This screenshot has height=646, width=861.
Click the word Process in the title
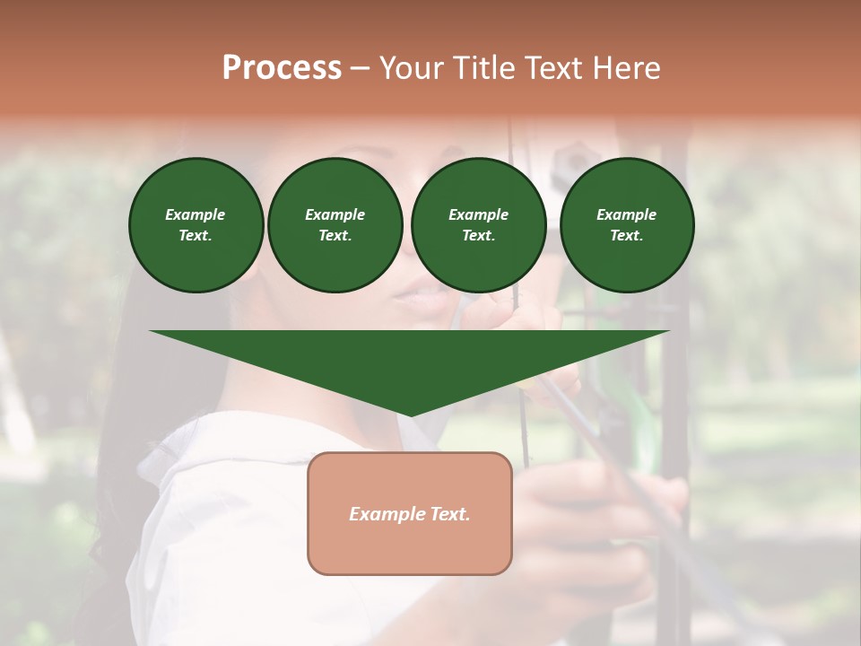pos(282,68)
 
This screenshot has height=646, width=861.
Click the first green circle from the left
pos(196,225)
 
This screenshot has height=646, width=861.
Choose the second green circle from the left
pos(335,225)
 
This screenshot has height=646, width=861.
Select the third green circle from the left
pos(478,225)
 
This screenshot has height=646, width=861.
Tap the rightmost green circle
pos(626,225)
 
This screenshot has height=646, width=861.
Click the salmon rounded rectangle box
pos(410,547)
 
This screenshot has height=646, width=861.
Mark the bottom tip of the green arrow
pos(410,415)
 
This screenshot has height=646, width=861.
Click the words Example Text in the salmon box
pos(410,514)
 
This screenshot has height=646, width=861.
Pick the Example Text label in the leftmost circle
pos(196,225)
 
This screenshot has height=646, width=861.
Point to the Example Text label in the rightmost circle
pos(626,225)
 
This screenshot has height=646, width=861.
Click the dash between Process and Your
pos(360,69)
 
